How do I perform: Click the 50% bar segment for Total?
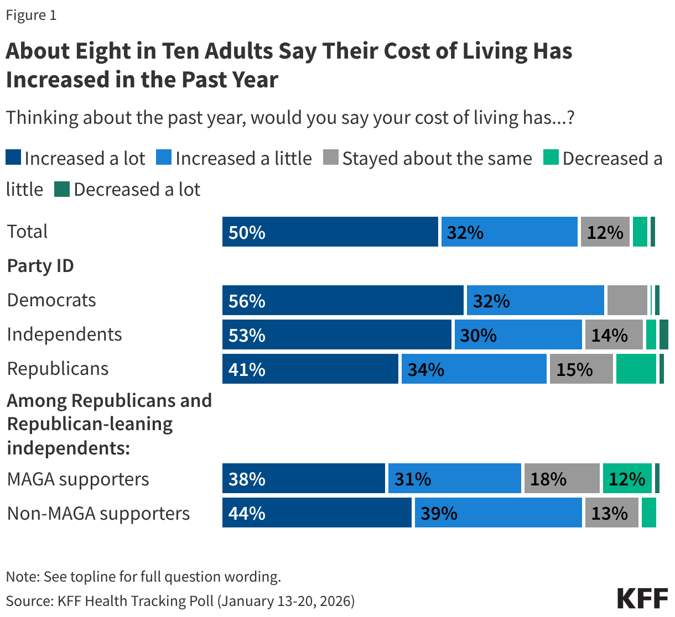click(330, 232)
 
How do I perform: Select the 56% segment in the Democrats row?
click(342, 300)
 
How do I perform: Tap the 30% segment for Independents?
click(518, 334)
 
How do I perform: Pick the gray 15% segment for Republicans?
click(581, 369)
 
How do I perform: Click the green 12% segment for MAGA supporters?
click(627, 478)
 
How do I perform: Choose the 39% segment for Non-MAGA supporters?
click(498, 513)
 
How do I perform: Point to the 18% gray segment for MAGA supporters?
click(562, 478)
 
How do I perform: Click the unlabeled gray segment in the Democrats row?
click(627, 300)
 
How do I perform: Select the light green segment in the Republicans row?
click(636, 369)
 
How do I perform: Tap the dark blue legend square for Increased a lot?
click(13, 158)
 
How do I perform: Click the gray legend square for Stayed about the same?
click(330, 158)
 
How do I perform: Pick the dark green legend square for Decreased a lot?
click(61, 189)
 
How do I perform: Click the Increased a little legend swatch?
click(164, 158)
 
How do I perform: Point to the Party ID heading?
click(40, 266)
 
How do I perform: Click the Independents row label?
click(64, 334)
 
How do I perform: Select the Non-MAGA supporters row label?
click(98, 513)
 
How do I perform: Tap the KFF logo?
click(642, 598)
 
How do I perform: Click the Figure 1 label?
click(31, 15)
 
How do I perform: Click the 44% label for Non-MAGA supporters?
click(247, 513)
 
